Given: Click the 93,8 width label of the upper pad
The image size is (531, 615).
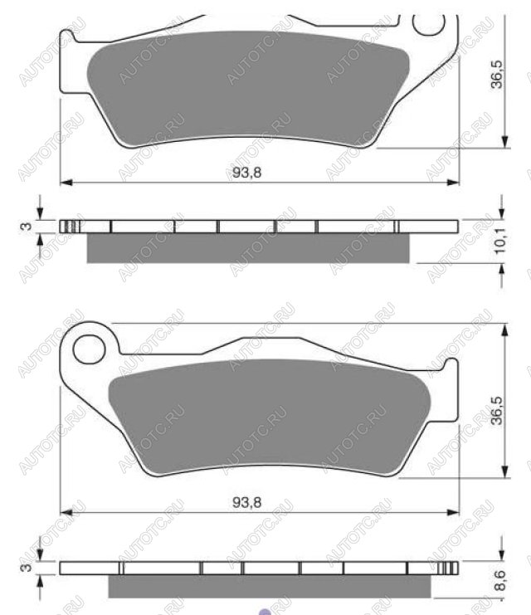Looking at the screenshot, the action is (246, 172).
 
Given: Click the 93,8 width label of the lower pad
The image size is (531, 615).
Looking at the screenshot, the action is (246, 502).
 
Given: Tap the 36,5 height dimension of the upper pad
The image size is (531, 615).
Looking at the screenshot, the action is (497, 75).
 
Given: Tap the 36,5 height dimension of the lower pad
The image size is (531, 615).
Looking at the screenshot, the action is (497, 411).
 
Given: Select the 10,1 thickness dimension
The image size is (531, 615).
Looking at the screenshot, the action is (499, 241).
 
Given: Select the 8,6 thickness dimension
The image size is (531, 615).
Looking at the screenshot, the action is (500, 581).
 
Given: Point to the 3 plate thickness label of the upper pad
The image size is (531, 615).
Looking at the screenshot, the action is (27, 227).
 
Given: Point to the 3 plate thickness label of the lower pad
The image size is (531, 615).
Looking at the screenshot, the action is (27, 567).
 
